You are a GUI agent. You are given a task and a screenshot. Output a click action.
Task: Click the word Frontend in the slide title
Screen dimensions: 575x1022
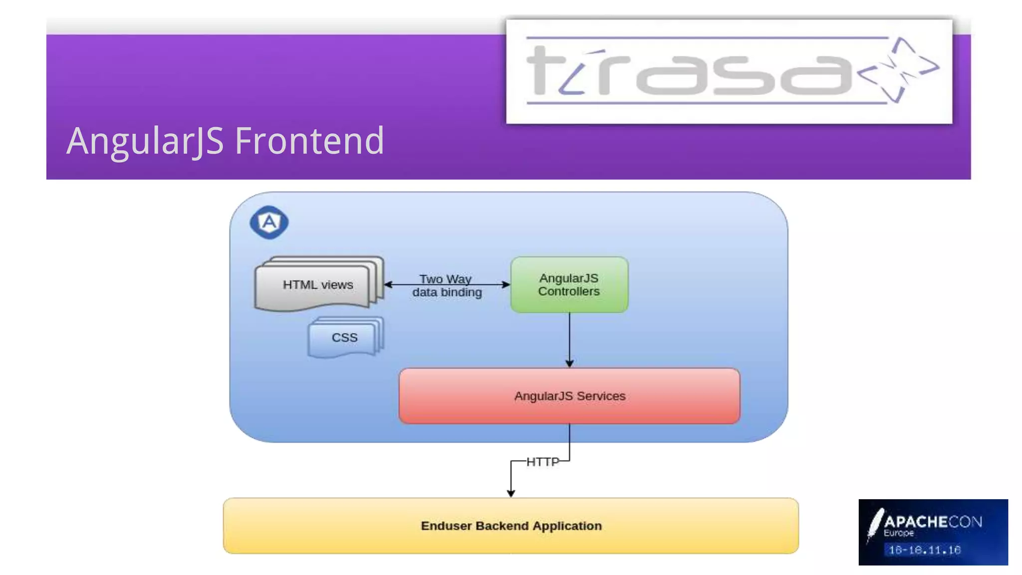(x=309, y=141)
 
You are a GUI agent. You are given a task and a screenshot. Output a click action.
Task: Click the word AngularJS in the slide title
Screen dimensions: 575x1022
(x=145, y=141)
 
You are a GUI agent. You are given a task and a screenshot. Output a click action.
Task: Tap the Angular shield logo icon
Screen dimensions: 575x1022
(x=269, y=222)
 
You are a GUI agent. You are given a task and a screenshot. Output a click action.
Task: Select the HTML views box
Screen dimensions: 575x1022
(x=317, y=285)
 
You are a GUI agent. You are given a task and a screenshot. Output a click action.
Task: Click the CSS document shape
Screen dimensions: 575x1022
(x=344, y=338)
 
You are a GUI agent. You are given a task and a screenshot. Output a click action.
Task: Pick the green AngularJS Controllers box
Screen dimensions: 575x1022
(x=569, y=285)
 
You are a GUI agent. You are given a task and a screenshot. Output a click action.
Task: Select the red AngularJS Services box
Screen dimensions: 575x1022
(x=569, y=396)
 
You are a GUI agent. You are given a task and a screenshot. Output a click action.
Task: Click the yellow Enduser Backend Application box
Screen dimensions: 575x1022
(x=511, y=526)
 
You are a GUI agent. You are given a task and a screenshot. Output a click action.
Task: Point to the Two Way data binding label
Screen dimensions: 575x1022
(x=447, y=286)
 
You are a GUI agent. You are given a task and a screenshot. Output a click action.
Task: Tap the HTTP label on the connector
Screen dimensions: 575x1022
(x=542, y=462)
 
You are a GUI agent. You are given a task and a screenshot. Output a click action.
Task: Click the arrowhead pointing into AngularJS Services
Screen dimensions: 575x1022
(x=569, y=363)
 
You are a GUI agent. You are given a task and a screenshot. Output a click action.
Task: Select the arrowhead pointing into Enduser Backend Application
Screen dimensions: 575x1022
(x=511, y=493)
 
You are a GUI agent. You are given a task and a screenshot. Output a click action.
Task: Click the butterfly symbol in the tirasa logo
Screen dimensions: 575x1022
(x=898, y=70)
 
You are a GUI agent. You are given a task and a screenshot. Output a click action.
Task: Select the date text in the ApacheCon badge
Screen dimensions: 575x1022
(x=925, y=550)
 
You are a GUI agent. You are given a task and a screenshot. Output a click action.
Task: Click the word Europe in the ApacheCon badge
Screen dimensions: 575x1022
(x=899, y=533)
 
